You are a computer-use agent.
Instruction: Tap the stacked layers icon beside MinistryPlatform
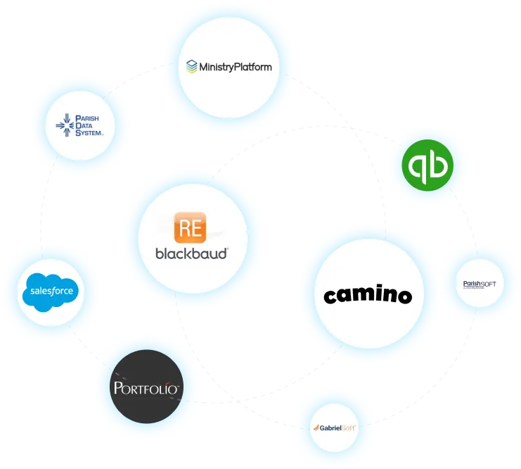[191, 67]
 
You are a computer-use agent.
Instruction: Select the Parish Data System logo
[80, 125]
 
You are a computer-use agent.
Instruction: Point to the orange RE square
[191, 228]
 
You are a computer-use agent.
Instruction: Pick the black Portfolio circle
[148, 387]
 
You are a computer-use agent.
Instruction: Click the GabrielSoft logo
[335, 427]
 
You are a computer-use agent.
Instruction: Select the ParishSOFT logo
[480, 284]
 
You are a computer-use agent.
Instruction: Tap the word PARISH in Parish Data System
[89, 118]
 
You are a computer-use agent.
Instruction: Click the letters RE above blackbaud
[191, 228]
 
